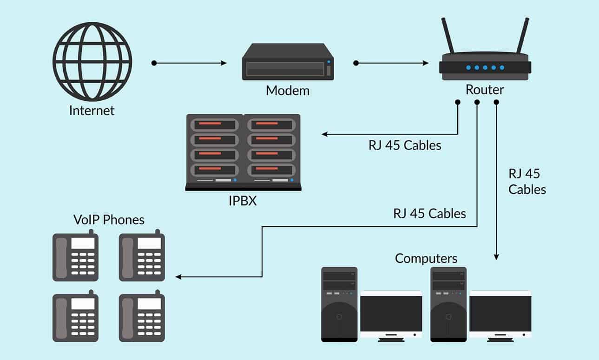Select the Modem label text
point(287,90)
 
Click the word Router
point(485,90)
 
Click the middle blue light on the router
point(485,68)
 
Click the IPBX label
point(243,202)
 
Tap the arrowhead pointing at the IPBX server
point(325,135)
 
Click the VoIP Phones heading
point(109,219)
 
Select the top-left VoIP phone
point(75,257)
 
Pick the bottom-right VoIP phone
point(142,317)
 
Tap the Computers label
point(426,258)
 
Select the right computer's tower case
point(448,304)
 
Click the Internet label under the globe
point(92,111)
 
